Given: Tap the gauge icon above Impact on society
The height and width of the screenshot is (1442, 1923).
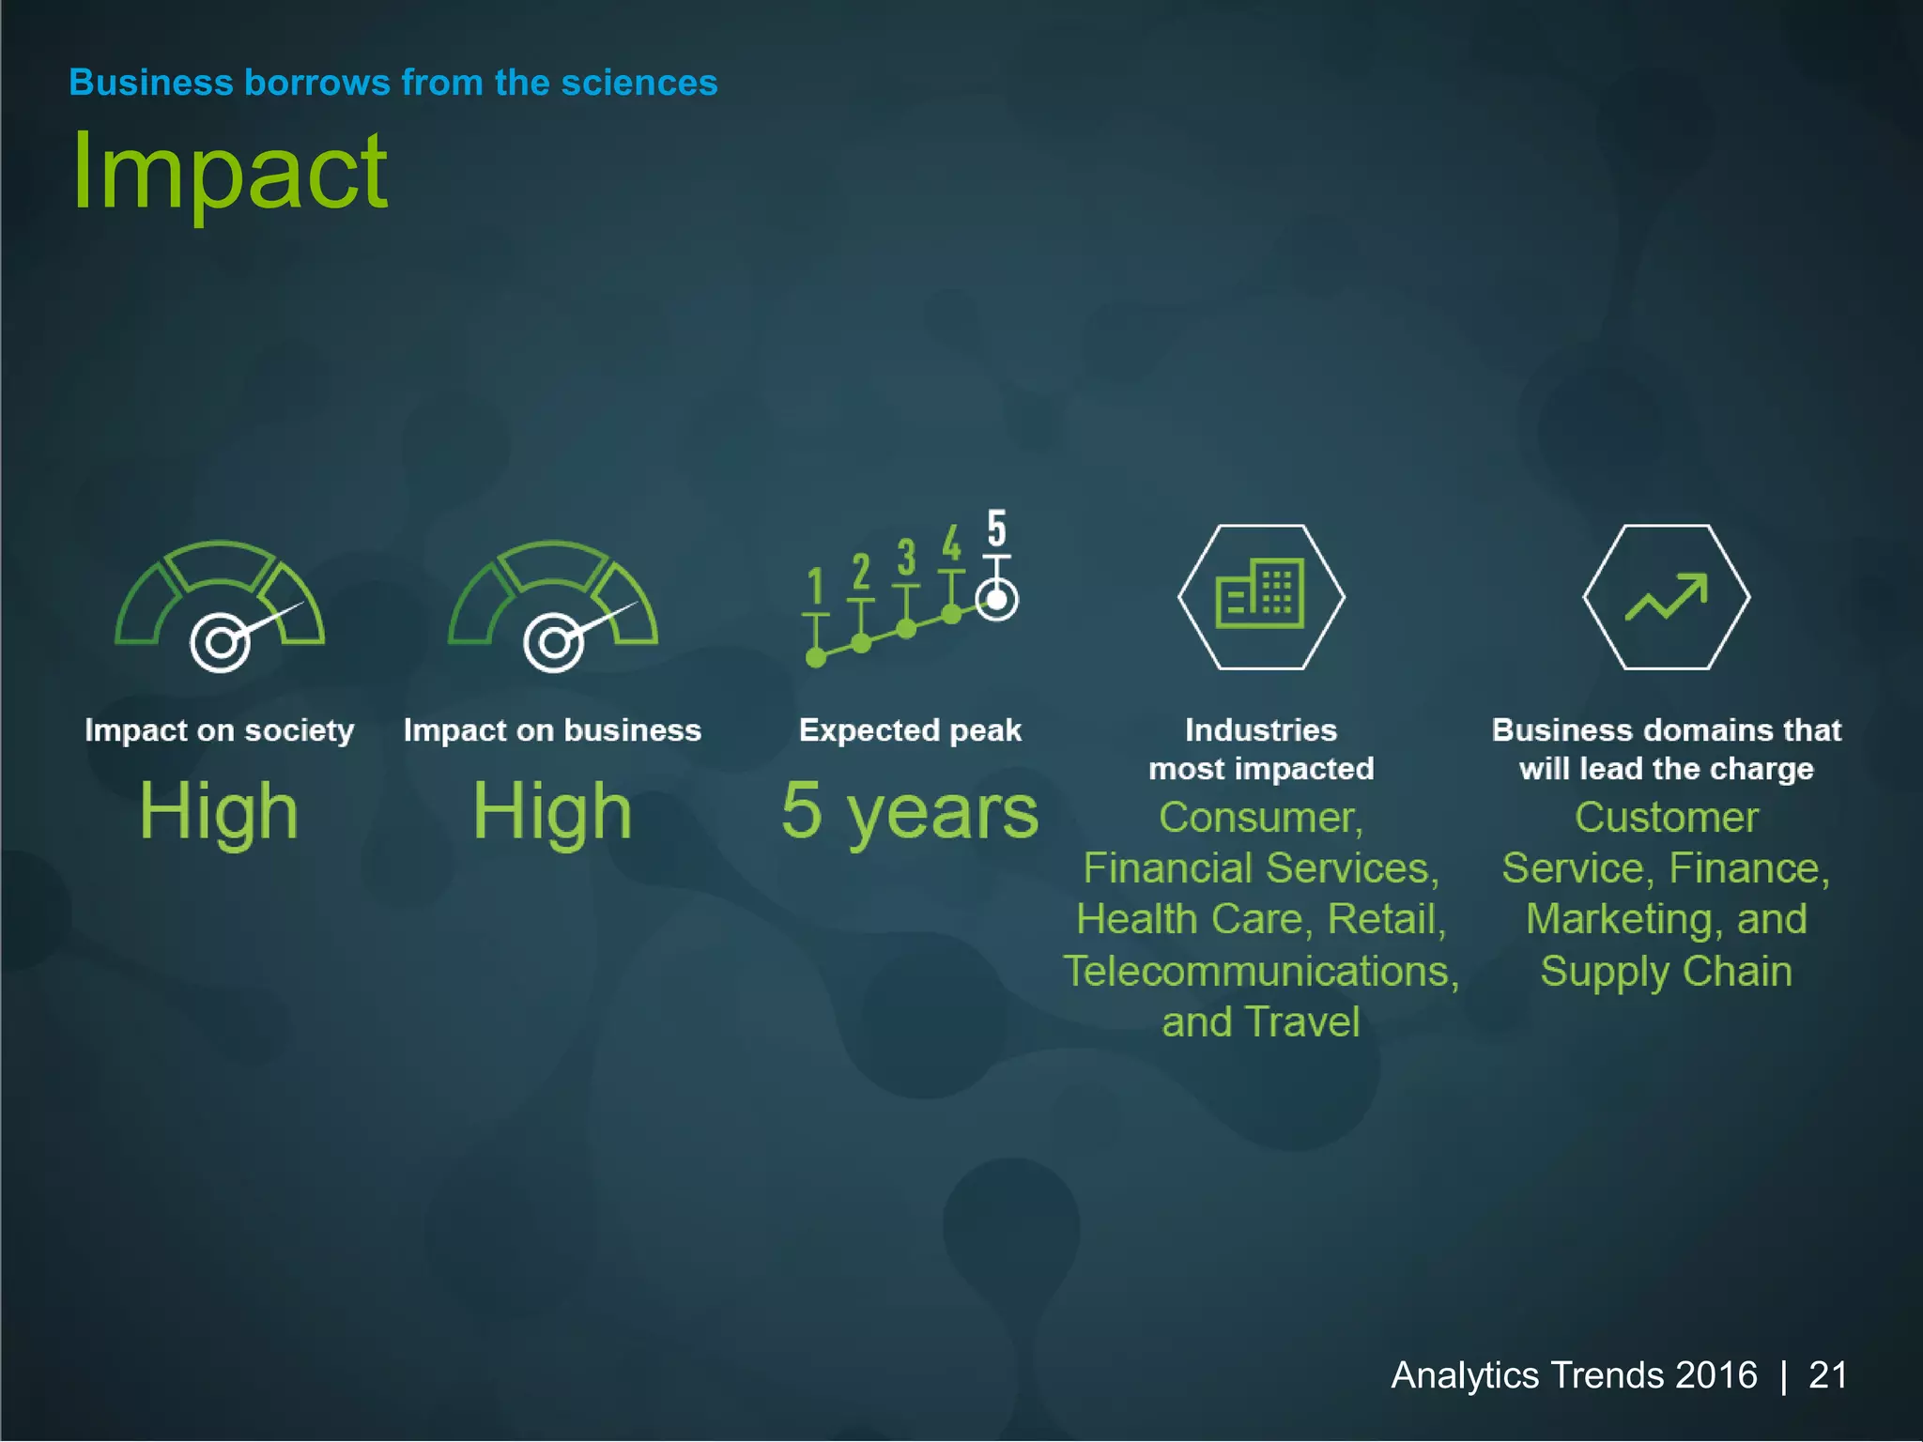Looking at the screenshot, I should click(220, 606).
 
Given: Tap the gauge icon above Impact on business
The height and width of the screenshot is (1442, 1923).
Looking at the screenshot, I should click(553, 606).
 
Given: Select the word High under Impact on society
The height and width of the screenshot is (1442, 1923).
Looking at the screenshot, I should click(219, 811).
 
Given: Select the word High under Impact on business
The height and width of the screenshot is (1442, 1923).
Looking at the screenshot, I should click(552, 811).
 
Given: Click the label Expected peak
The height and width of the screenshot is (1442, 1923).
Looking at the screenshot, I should click(910, 730).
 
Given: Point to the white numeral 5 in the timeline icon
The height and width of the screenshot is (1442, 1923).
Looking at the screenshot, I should click(996, 529).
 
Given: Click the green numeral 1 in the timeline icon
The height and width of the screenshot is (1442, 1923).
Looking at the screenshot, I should click(815, 587).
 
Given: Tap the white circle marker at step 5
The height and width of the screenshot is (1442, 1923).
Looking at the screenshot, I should click(996, 599).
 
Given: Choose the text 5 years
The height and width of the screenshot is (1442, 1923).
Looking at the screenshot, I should click(910, 811).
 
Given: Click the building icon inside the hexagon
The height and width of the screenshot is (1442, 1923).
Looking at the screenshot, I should click(1261, 594).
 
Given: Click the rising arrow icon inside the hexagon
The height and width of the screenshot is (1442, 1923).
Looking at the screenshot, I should click(1667, 597).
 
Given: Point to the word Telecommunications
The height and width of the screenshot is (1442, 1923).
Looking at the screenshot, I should click(1260, 971).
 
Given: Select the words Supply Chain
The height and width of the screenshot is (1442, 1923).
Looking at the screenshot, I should click(1666, 971).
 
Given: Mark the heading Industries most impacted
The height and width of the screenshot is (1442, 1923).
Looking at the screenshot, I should click(1261, 749).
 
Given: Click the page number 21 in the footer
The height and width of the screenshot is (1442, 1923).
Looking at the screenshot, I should click(1827, 1375).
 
